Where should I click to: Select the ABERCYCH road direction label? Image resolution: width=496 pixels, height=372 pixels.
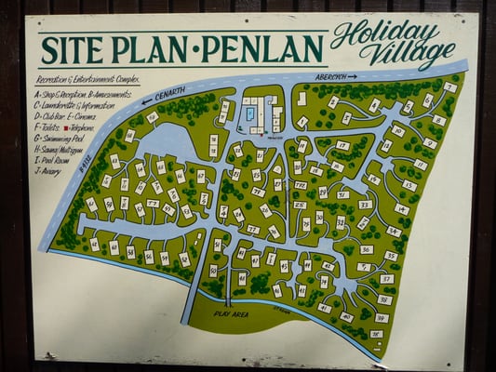click(336, 77)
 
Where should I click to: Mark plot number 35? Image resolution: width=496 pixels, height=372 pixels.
click(391, 256)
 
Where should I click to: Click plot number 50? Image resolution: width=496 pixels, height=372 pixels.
click(213, 271)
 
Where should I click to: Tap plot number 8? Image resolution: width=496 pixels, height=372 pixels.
click(438, 120)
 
